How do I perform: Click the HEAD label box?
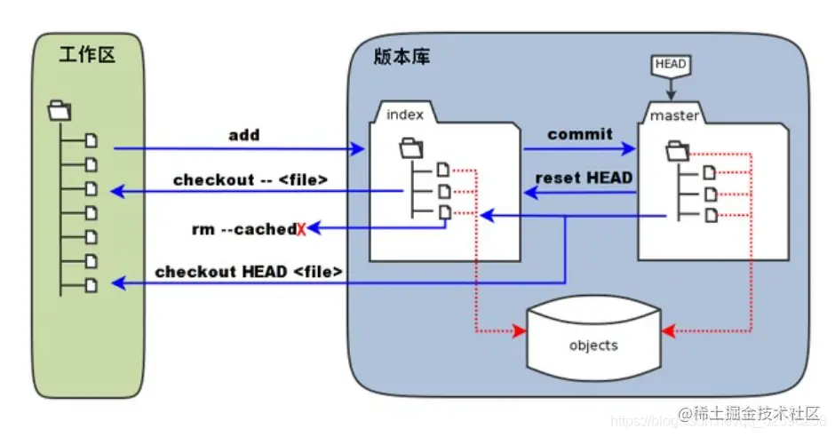(x=671, y=66)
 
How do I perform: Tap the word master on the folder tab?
(x=673, y=116)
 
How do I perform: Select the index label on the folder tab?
(x=405, y=115)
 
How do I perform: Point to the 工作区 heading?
(x=86, y=56)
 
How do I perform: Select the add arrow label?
(x=244, y=135)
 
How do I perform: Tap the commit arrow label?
(x=579, y=134)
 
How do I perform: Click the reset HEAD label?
(x=584, y=178)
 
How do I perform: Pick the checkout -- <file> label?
(x=250, y=179)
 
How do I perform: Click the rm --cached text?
(x=243, y=229)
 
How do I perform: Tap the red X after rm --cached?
(x=301, y=230)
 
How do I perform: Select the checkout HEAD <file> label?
(x=249, y=272)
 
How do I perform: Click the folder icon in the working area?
(x=60, y=111)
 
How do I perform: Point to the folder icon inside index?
(x=411, y=145)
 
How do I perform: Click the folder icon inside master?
(x=677, y=149)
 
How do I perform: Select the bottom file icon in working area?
(x=92, y=284)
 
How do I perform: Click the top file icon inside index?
(x=443, y=169)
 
